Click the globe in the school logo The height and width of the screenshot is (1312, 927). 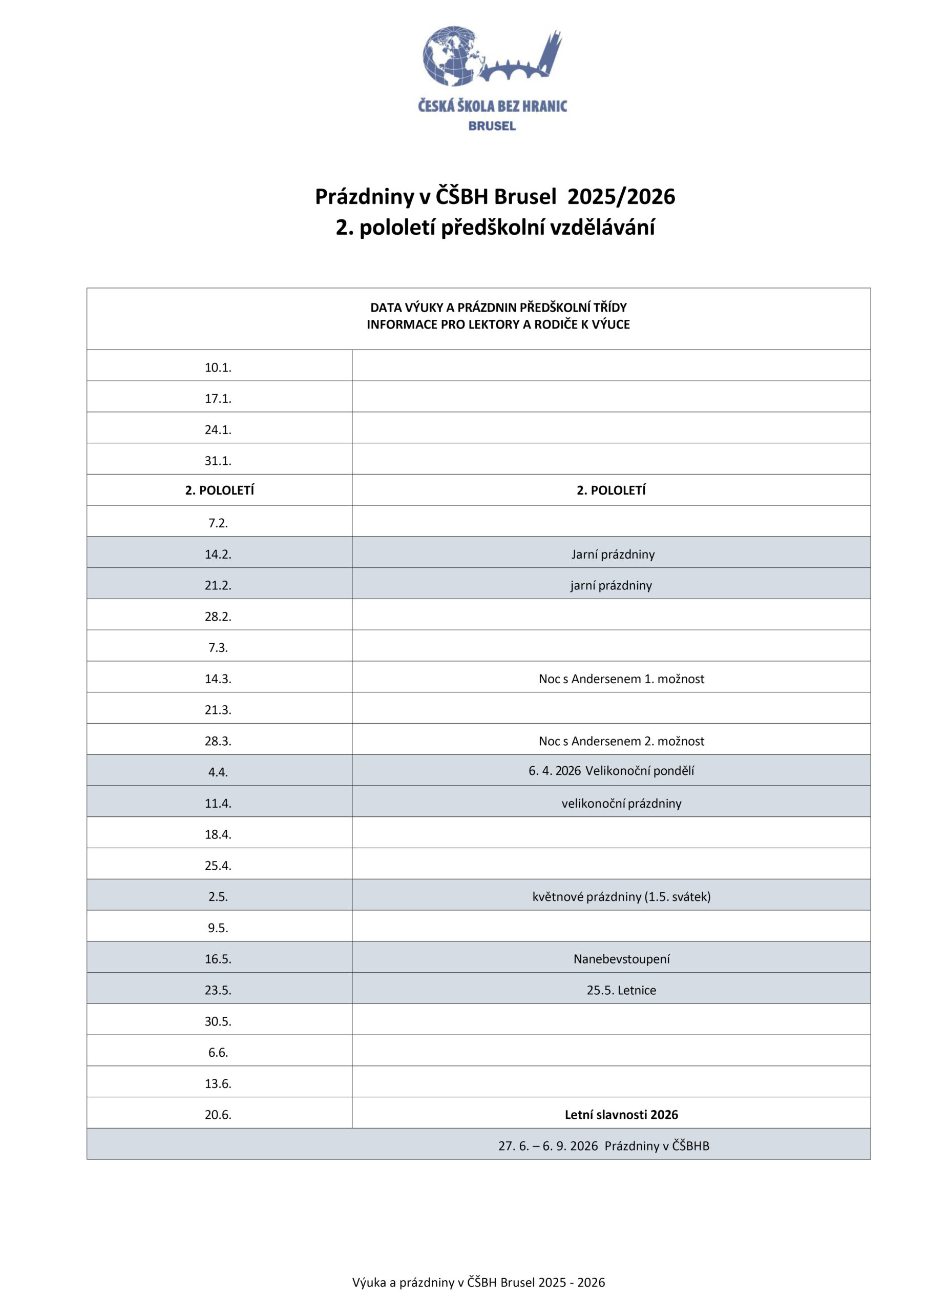point(450,56)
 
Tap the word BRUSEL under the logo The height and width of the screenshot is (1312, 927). point(492,126)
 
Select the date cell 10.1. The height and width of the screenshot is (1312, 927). point(218,367)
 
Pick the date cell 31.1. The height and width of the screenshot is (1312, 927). point(218,461)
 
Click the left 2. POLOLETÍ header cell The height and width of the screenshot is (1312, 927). point(219,490)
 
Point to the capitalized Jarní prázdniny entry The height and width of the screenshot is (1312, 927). point(613,555)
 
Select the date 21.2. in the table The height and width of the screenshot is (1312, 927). point(218,585)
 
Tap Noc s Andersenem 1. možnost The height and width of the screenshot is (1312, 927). point(621,679)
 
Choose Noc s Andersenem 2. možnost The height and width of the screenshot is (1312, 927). point(621,741)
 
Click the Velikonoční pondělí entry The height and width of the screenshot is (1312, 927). point(611,771)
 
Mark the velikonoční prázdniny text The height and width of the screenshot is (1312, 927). point(621,804)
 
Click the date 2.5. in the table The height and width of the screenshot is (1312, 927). point(218,896)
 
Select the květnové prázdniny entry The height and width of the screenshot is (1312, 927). point(621,896)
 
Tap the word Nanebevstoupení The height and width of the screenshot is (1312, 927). point(621,959)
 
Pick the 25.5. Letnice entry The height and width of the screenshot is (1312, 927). point(621,990)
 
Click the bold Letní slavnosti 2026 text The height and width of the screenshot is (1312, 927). point(621,1114)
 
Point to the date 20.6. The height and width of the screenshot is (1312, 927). point(218,1115)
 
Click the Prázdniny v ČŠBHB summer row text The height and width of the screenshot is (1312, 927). point(604,1146)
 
